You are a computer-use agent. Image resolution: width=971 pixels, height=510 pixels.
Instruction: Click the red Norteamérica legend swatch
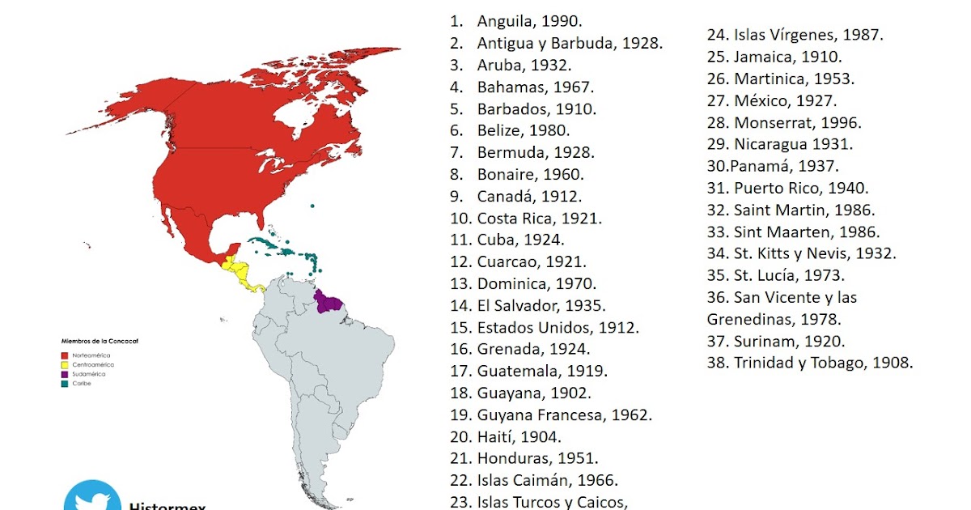pyautogui.click(x=64, y=355)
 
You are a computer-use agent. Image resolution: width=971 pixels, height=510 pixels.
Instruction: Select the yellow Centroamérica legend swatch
pyautogui.click(x=64, y=365)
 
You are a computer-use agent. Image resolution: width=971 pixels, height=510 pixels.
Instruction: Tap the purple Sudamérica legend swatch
pyautogui.click(x=64, y=374)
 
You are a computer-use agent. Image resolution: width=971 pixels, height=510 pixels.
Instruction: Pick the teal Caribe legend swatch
pyautogui.click(x=64, y=384)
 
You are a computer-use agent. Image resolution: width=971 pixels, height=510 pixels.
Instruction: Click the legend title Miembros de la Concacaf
pyautogui.click(x=95, y=342)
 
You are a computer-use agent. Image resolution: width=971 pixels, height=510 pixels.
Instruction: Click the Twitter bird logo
pyautogui.click(x=91, y=498)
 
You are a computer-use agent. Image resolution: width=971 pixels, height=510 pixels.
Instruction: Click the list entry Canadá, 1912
pyautogui.click(x=529, y=197)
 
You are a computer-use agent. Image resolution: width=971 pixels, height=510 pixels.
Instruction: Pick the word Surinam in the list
pyautogui.click(x=763, y=341)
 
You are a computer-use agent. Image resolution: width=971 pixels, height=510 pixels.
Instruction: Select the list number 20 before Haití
pyautogui.click(x=460, y=437)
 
